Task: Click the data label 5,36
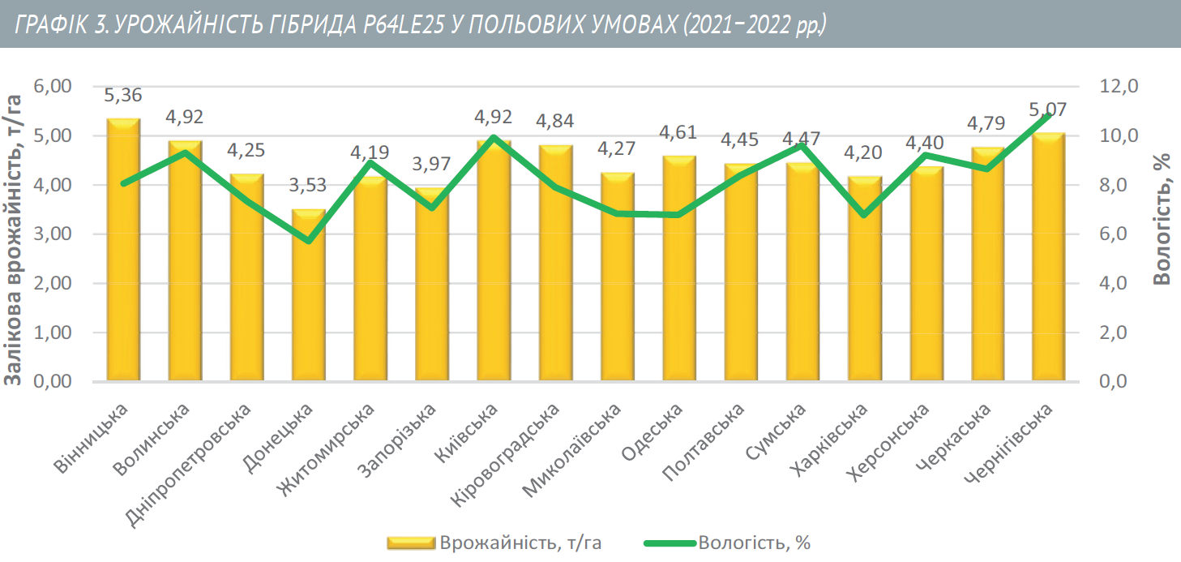click(123, 96)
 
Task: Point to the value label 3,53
click(308, 185)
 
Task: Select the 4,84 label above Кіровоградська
click(555, 122)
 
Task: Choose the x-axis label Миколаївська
click(572, 451)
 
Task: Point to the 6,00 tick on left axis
click(53, 86)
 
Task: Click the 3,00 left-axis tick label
click(53, 234)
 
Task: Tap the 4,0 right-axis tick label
click(1116, 284)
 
